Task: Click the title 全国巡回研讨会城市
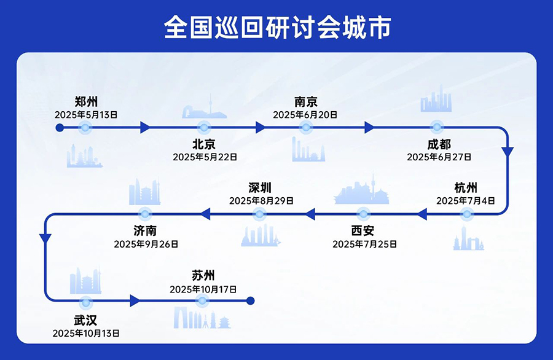[276, 27]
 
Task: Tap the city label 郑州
[86, 101]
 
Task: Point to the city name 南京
[305, 101]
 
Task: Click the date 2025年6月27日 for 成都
[439, 157]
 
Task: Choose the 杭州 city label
[466, 187]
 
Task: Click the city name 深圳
[260, 187]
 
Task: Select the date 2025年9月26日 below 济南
[146, 244]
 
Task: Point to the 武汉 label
[85, 320]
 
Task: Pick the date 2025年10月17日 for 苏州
[203, 289]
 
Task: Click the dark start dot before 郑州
[60, 128]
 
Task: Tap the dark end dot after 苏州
[249, 301]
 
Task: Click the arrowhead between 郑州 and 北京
[145, 128]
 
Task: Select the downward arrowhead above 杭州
[508, 152]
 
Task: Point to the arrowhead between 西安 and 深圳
[310, 214]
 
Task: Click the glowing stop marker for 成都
[437, 128]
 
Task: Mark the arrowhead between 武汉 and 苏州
[135, 301]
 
